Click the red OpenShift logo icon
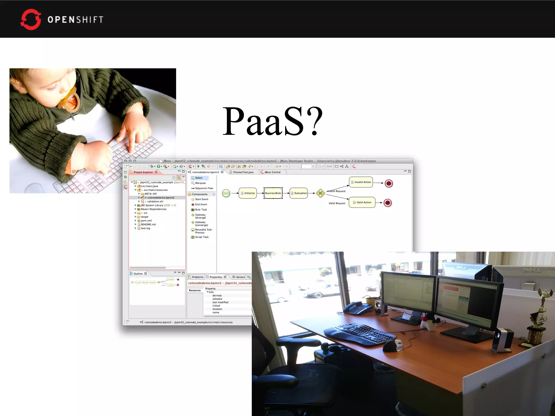pos(31,19)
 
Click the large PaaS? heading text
pos(273,121)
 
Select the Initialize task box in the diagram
pos(248,193)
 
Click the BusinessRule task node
pos(273,193)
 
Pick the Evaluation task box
pos(299,193)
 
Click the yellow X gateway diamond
pos(320,193)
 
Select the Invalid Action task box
pos(361,182)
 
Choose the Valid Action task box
pos(362,202)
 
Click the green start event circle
pos(226,193)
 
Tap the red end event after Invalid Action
pos(389,183)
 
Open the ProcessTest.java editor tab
pos(243,172)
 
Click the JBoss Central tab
pos(272,172)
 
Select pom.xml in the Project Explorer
pos(146,221)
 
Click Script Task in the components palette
pos(202,237)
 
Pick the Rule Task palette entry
pos(201,210)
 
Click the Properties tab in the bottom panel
pos(216,277)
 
